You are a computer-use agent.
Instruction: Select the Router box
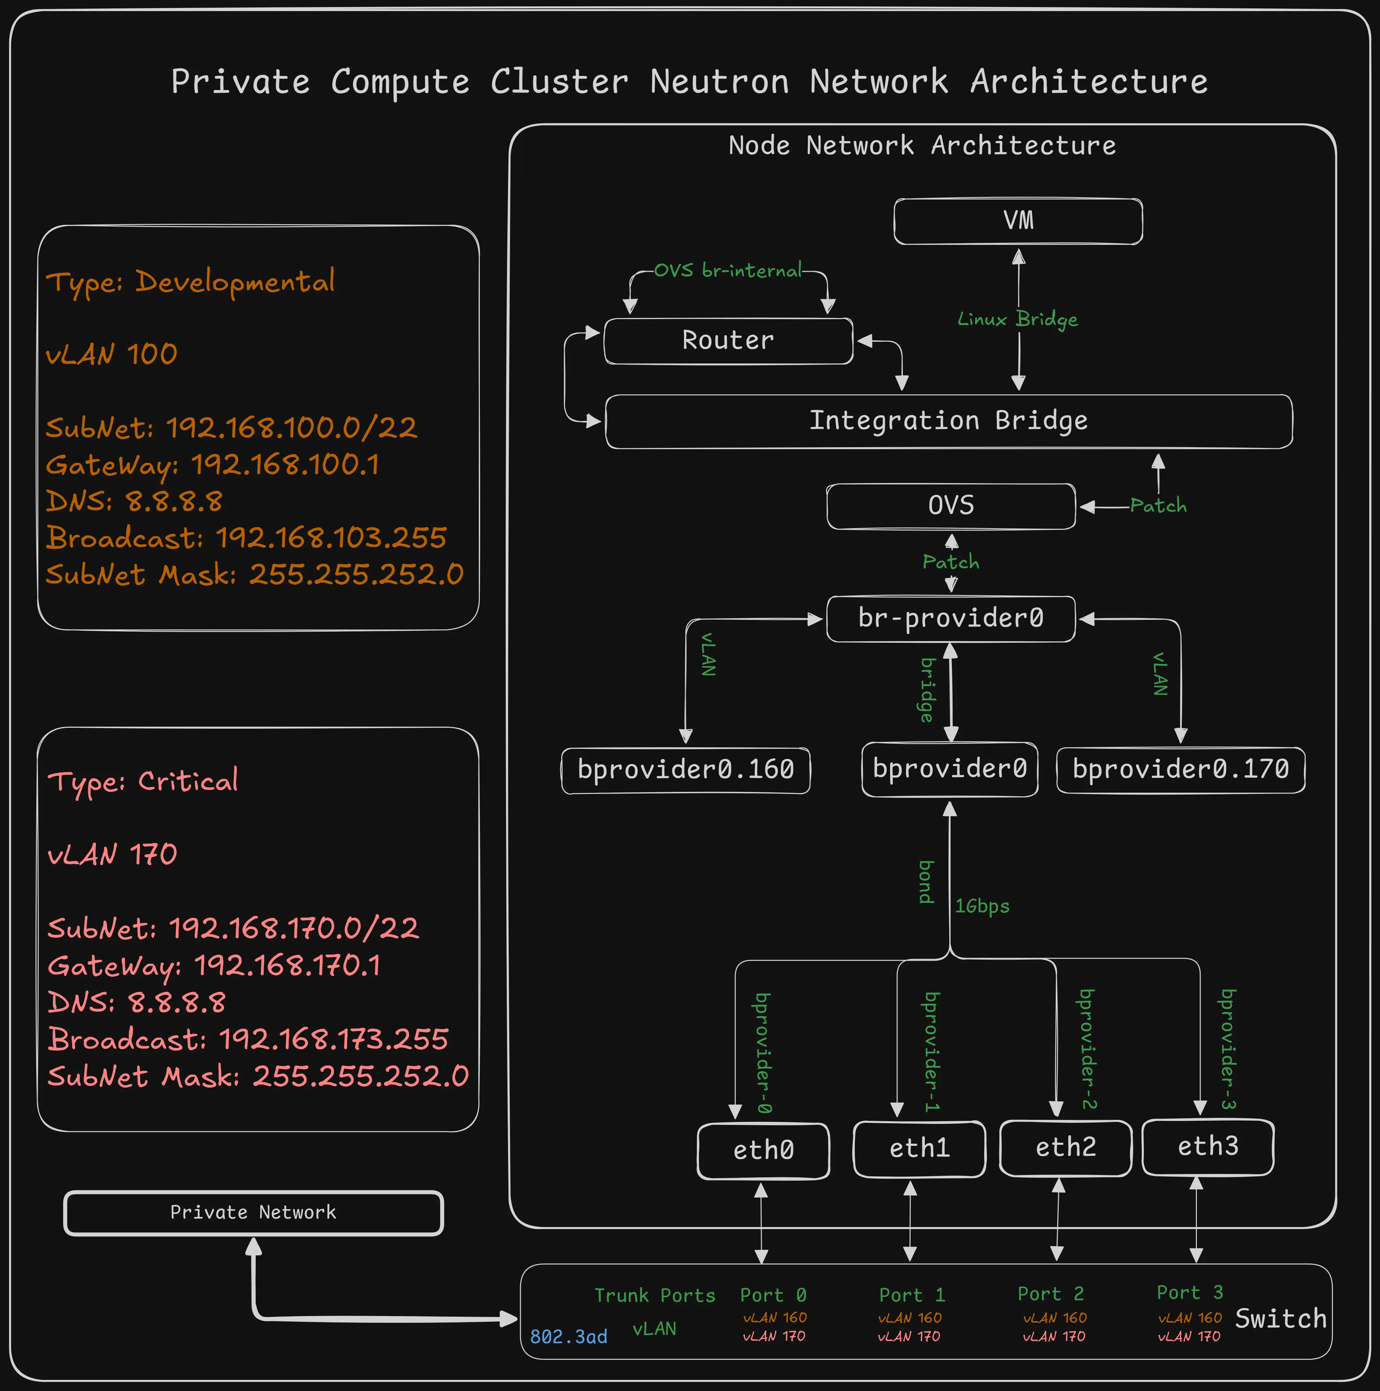click(728, 341)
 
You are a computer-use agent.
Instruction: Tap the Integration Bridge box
click(948, 421)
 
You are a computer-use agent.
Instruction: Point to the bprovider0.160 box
click(685, 770)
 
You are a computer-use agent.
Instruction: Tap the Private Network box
click(253, 1213)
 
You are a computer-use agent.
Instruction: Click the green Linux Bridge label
click(1017, 319)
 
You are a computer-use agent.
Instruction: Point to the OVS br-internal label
click(728, 271)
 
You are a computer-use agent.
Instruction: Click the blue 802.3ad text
click(568, 1337)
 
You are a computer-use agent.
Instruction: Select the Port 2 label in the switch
click(1050, 1294)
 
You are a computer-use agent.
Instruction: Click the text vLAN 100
click(112, 354)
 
